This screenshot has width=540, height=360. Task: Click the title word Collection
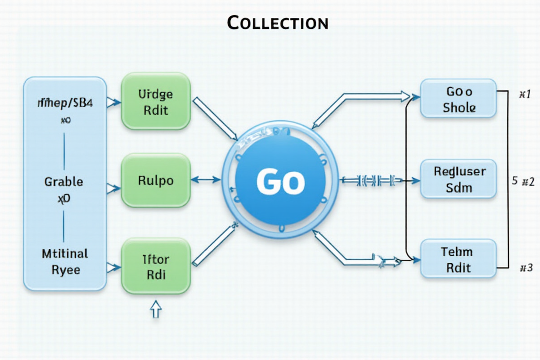click(x=277, y=22)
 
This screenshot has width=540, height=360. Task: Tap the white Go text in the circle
click(x=280, y=182)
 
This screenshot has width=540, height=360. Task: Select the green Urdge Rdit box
click(x=156, y=102)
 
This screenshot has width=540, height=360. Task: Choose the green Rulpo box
click(x=156, y=181)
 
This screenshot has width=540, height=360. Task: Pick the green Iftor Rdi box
click(x=156, y=266)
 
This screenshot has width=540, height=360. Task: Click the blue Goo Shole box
click(x=458, y=99)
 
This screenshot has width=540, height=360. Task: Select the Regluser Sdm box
click(x=458, y=179)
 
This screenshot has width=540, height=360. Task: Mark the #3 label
click(x=526, y=268)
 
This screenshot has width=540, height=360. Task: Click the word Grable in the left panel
click(x=64, y=182)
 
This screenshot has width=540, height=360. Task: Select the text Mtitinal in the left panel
click(x=65, y=253)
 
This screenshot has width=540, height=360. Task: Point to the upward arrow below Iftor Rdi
click(x=156, y=310)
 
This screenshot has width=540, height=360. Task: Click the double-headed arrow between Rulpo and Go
click(x=207, y=180)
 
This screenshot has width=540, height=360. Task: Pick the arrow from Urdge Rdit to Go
click(x=215, y=117)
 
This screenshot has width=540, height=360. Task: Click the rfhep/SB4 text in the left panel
click(x=64, y=103)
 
